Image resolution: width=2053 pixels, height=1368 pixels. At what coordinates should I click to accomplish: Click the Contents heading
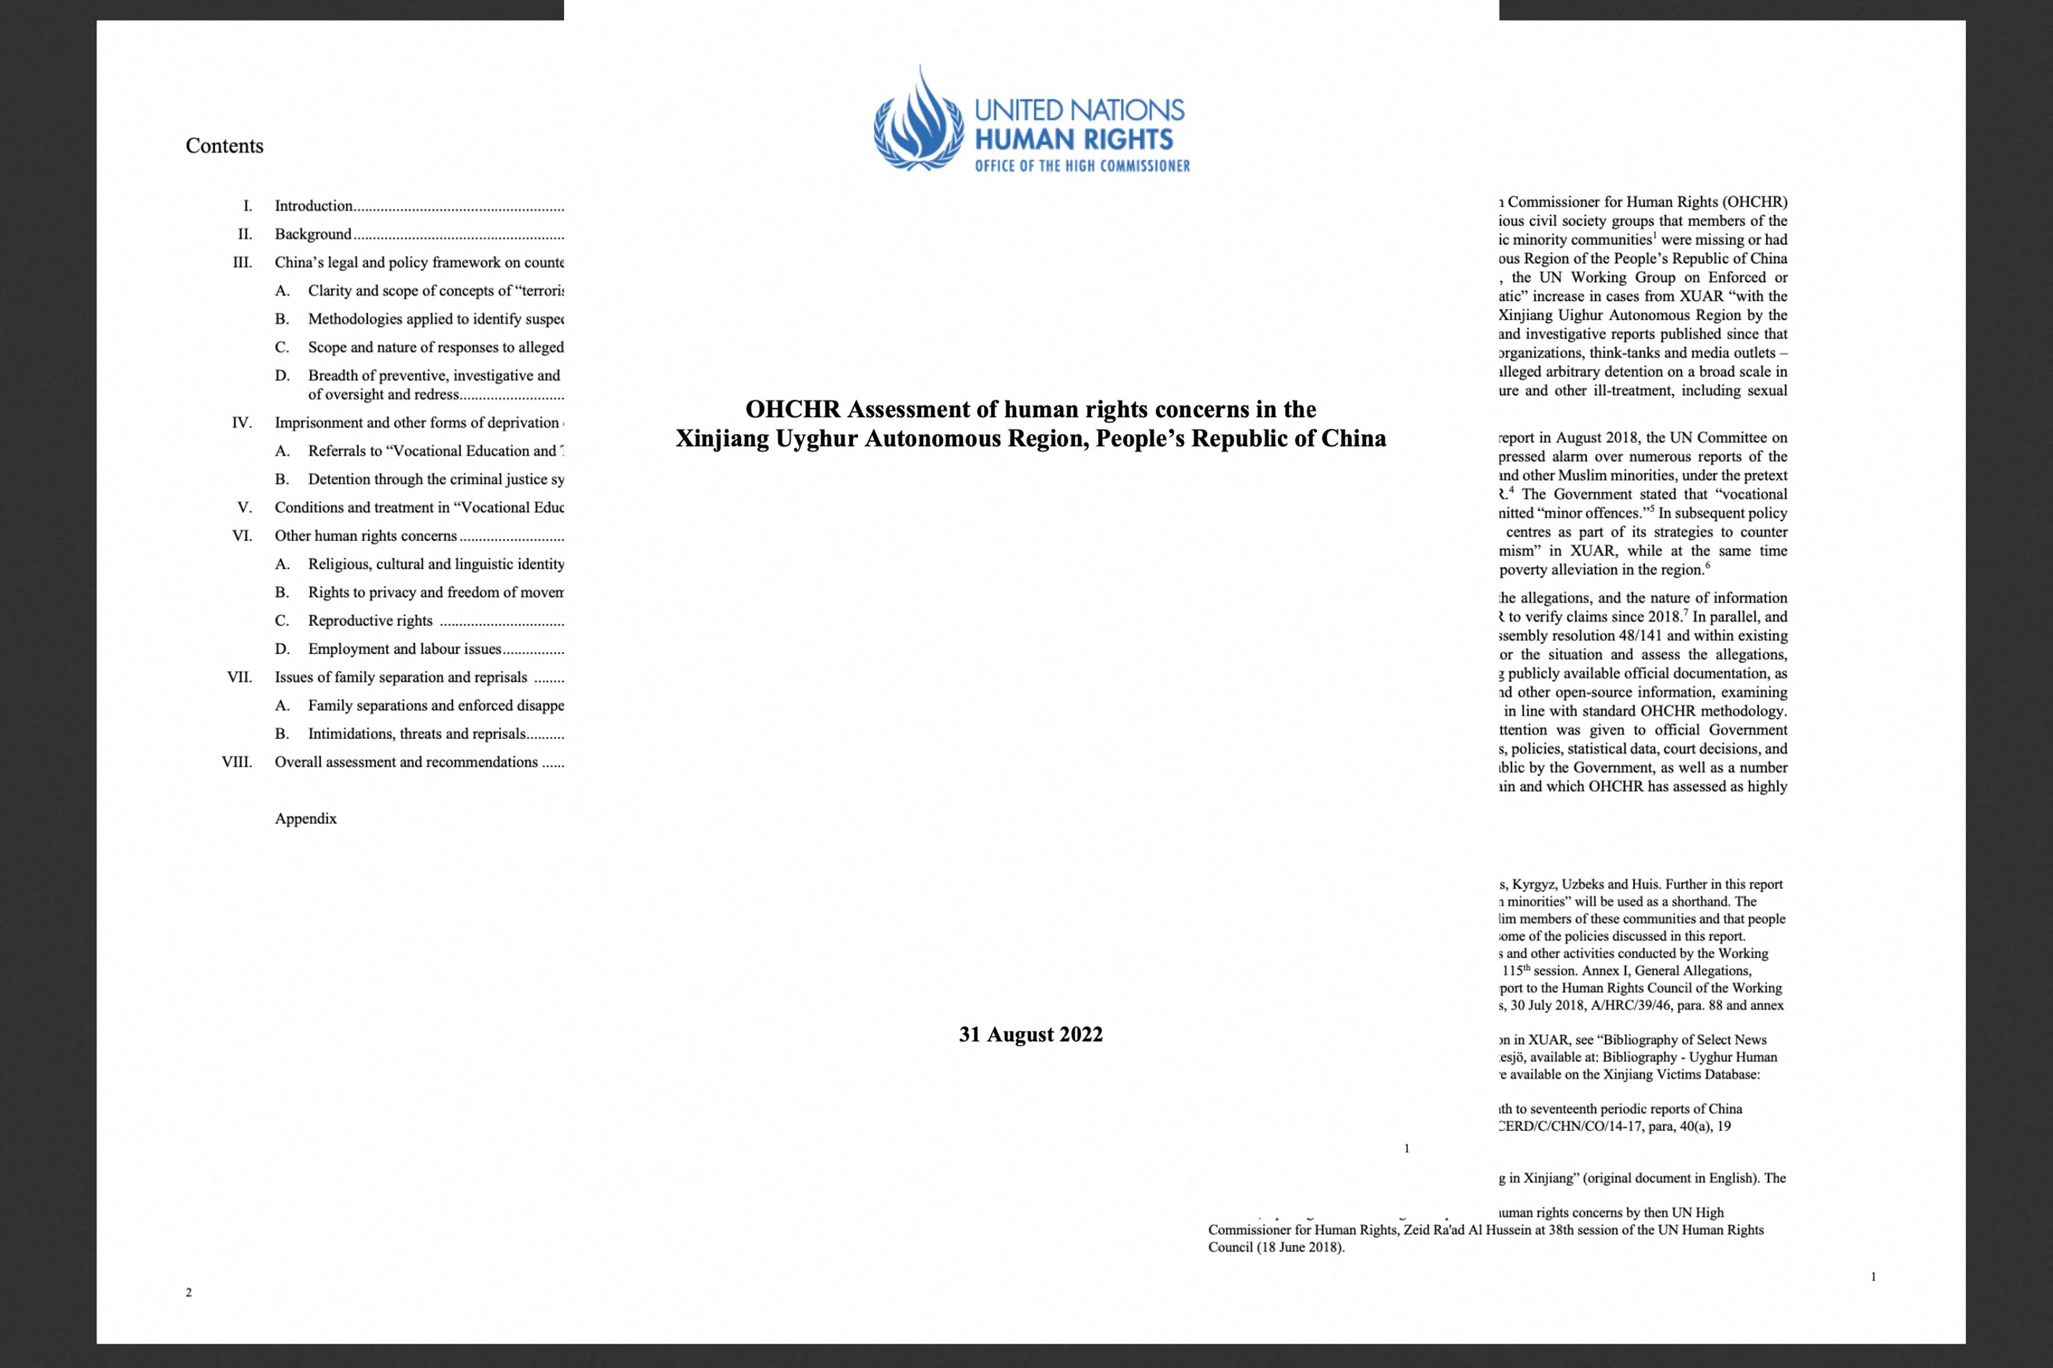pos(224,145)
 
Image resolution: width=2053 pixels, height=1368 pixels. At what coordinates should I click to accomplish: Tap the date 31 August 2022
pos(1031,1035)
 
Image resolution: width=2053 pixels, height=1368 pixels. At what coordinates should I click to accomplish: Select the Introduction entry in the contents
pos(314,206)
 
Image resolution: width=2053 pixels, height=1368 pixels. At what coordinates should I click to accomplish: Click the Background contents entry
pos(313,234)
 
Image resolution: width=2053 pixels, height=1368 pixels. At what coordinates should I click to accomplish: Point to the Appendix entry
pos(306,819)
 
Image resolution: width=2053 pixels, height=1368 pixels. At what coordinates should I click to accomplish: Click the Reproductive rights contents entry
pos(370,620)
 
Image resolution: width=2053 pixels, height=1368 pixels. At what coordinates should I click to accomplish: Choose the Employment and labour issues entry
pos(405,649)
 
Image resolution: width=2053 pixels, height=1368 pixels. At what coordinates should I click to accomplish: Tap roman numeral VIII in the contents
pos(236,762)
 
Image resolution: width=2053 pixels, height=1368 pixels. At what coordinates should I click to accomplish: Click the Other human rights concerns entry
pos(365,536)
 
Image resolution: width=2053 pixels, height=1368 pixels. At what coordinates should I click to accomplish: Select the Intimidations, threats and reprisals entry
pos(417,734)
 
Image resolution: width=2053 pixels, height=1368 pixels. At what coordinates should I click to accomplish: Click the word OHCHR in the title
pos(792,409)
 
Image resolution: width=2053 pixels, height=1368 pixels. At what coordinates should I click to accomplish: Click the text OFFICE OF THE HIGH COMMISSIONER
pos(1082,166)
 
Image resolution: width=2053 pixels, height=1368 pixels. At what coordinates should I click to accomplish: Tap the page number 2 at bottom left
pos(188,1292)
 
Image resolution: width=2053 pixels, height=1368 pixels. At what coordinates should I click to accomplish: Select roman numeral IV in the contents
pos(242,422)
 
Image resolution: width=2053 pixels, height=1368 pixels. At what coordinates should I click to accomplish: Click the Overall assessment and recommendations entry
pos(406,762)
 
